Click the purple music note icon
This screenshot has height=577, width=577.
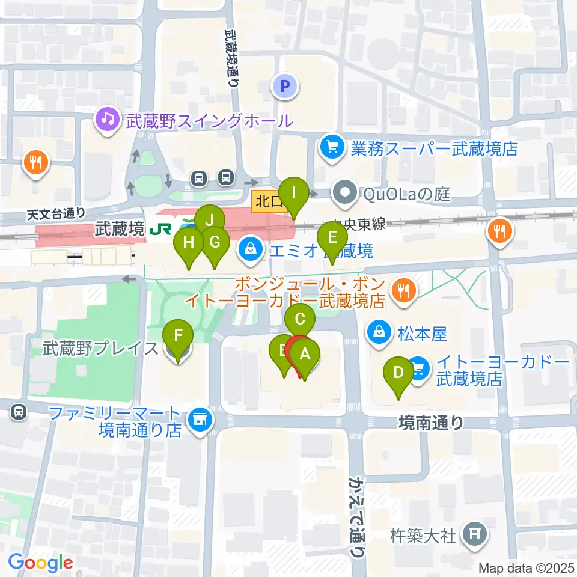click(108, 118)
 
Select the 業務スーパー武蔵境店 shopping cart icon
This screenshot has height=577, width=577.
click(331, 146)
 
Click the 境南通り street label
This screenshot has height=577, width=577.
click(432, 423)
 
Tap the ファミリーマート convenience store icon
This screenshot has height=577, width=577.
click(199, 421)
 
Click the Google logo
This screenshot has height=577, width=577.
click(41, 563)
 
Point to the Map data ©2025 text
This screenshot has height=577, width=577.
click(527, 568)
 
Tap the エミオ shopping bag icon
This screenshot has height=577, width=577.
click(249, 249)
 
